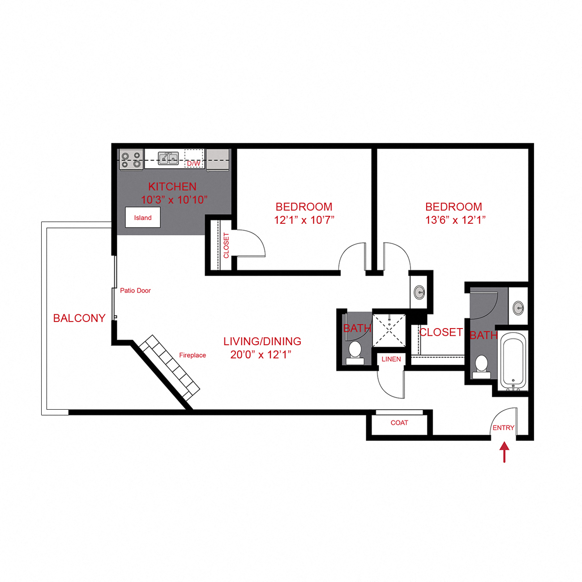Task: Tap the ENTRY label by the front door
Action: [x=503, y=428]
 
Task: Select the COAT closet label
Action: [x=399, y=423]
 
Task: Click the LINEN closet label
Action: [x=391, y=359]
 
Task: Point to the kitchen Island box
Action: [x=143, y=218]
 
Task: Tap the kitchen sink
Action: [x=168, y=158]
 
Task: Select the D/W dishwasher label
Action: [x=193, y=163]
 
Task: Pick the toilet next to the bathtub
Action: [x=482, y=364]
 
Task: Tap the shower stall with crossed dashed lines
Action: [x=389, y=330]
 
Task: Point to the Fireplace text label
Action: [x=193, y=355]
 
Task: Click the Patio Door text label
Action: [x=135, y=291]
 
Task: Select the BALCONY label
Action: [x=79, y=318]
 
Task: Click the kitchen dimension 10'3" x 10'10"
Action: [x=174, y=200]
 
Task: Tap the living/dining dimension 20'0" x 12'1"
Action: [x=261, y=355]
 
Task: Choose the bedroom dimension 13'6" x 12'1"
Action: [x=455, y=220]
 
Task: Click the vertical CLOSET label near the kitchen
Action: [x=226, y=245]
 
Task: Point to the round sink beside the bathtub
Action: [x=518, y=308]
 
